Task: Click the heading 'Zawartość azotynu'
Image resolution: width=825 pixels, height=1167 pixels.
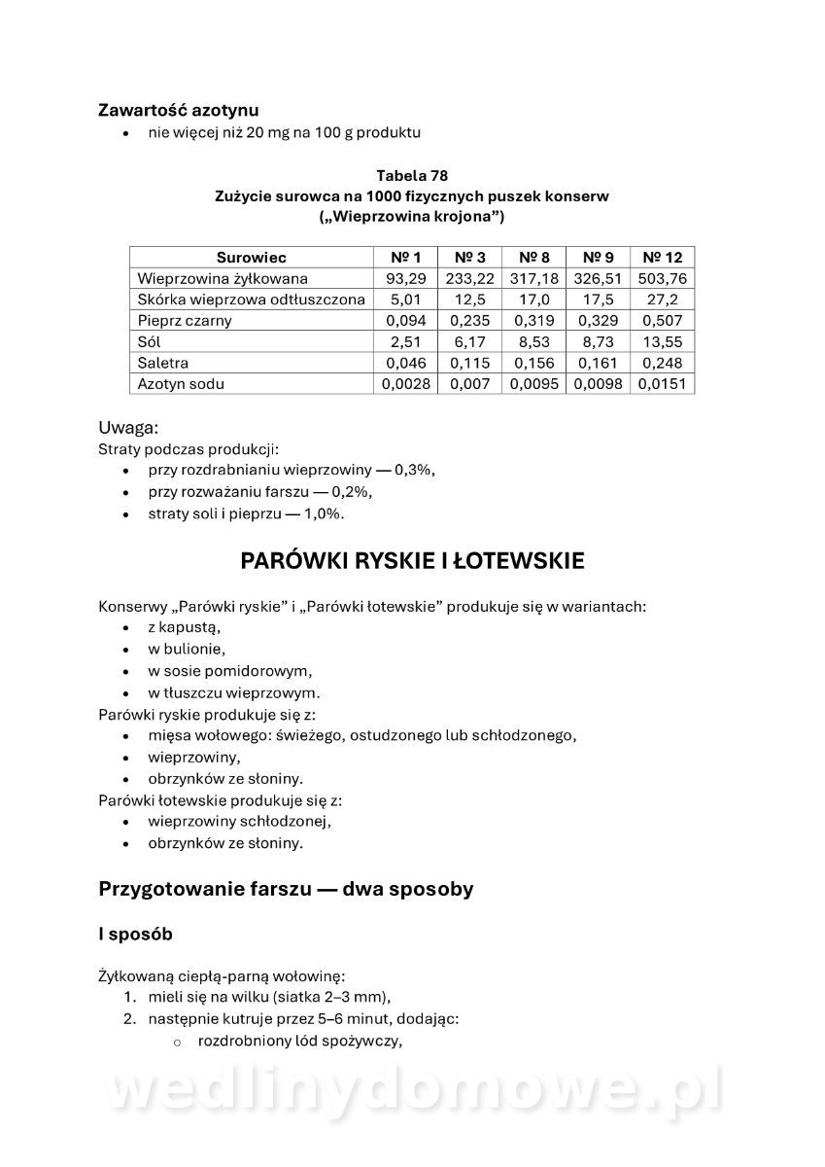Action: (x=178, y=111)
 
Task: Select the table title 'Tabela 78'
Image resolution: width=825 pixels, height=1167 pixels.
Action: (x=412, y=175)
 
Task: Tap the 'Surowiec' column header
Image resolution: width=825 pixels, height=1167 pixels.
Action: (x=251, y=258)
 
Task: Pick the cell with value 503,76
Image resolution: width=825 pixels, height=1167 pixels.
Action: (x=662, y=278)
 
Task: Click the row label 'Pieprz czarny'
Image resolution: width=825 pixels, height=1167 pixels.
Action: (x=185, y=320)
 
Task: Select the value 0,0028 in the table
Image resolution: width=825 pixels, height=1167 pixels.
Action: (x=406, y=383)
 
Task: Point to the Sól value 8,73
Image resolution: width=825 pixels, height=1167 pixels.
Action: (x=598, y=341)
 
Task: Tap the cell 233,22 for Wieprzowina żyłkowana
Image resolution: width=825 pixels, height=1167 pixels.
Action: (x=469, y=278)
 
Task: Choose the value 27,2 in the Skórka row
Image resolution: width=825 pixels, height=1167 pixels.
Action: (x=662, y=300)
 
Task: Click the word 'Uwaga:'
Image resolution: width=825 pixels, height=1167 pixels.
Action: (x=127, y=427)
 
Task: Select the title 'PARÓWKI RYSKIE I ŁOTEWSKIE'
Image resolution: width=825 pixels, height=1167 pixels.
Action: (x=412, y=561)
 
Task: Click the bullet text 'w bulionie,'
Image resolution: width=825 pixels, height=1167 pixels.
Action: (x=187, y=649)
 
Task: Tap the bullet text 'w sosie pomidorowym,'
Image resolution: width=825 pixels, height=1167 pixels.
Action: (x=230, y=671)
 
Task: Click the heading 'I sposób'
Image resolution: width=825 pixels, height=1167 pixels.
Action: (x=135, y=934)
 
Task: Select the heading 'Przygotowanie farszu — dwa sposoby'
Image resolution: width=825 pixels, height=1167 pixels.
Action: (x=286, y=888)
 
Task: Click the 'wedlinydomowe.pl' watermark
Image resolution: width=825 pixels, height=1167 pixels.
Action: (x=412, y=1091)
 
